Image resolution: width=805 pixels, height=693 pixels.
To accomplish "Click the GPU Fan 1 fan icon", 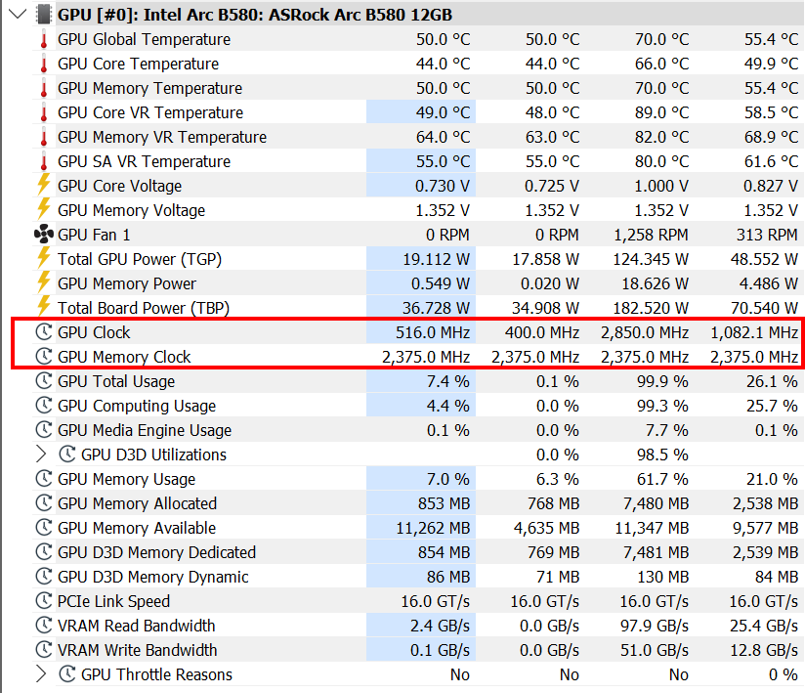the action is [44, 235].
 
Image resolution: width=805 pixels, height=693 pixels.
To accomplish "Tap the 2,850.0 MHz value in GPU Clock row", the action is [645, 333].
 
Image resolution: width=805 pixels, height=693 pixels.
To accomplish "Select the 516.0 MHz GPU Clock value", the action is [433, 333].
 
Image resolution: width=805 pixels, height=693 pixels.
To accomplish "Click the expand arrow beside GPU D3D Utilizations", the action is [41, 455].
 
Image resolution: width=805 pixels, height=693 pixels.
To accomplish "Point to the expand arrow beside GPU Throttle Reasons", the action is [41, 674].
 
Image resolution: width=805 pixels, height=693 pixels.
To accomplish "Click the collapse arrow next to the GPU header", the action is [18, 14].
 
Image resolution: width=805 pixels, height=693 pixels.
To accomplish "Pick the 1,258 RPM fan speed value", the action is [651, 235].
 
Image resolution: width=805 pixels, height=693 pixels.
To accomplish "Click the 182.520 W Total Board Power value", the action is [651, 308].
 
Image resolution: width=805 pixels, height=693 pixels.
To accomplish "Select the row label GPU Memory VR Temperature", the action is [162, 137].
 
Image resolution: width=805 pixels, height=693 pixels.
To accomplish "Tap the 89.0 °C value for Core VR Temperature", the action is [661, 112].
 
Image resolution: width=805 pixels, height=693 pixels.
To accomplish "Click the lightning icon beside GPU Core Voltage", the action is [44, 185].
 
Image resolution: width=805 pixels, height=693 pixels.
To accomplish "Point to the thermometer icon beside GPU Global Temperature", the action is [44, 39].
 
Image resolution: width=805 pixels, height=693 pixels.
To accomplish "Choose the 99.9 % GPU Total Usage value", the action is [662, 382].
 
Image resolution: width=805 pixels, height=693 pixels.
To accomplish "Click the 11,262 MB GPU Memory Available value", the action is [433, 528].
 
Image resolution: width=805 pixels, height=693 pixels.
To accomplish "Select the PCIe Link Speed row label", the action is [113, 601].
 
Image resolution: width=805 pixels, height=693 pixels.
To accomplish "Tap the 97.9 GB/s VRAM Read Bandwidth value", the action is [655, 626].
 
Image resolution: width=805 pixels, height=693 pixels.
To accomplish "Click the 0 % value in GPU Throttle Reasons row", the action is [783, 674].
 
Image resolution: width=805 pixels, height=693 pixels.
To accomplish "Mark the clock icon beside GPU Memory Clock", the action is [44, 357].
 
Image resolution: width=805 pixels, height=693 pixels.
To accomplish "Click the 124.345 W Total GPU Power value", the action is [651, 259].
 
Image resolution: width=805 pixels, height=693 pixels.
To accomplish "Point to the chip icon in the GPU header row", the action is [44, 15].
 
